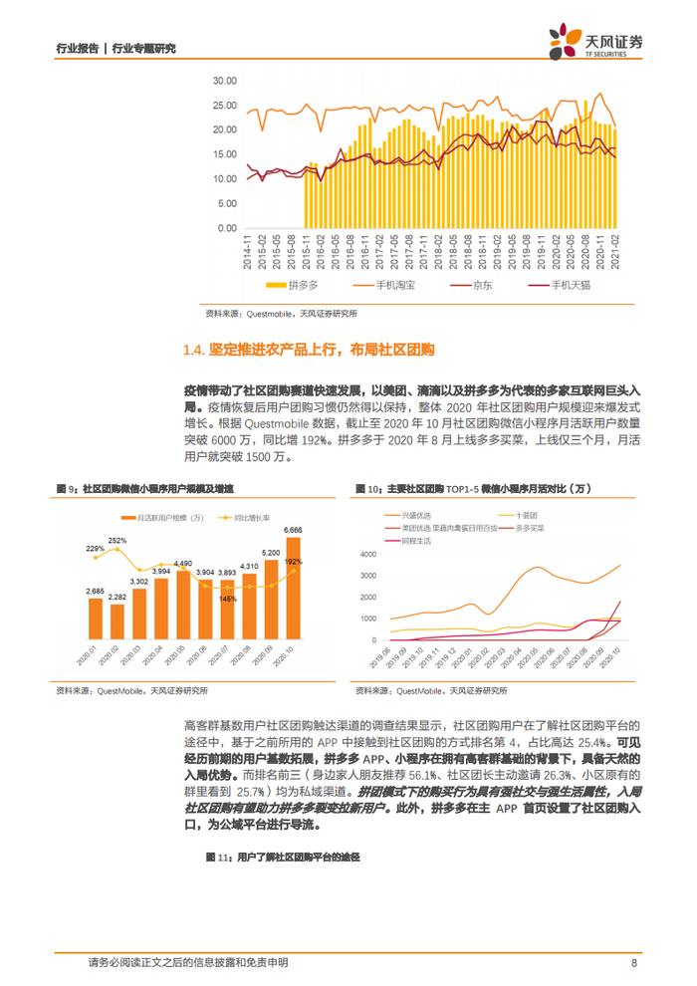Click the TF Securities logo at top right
coord(596,42)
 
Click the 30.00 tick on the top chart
coord(224,81)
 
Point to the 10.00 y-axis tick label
coord(224,177)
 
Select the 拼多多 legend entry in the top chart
coord(298,285)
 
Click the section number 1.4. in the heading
coord(194,350)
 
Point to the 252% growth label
coord(117,541)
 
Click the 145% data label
coord(229,598)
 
